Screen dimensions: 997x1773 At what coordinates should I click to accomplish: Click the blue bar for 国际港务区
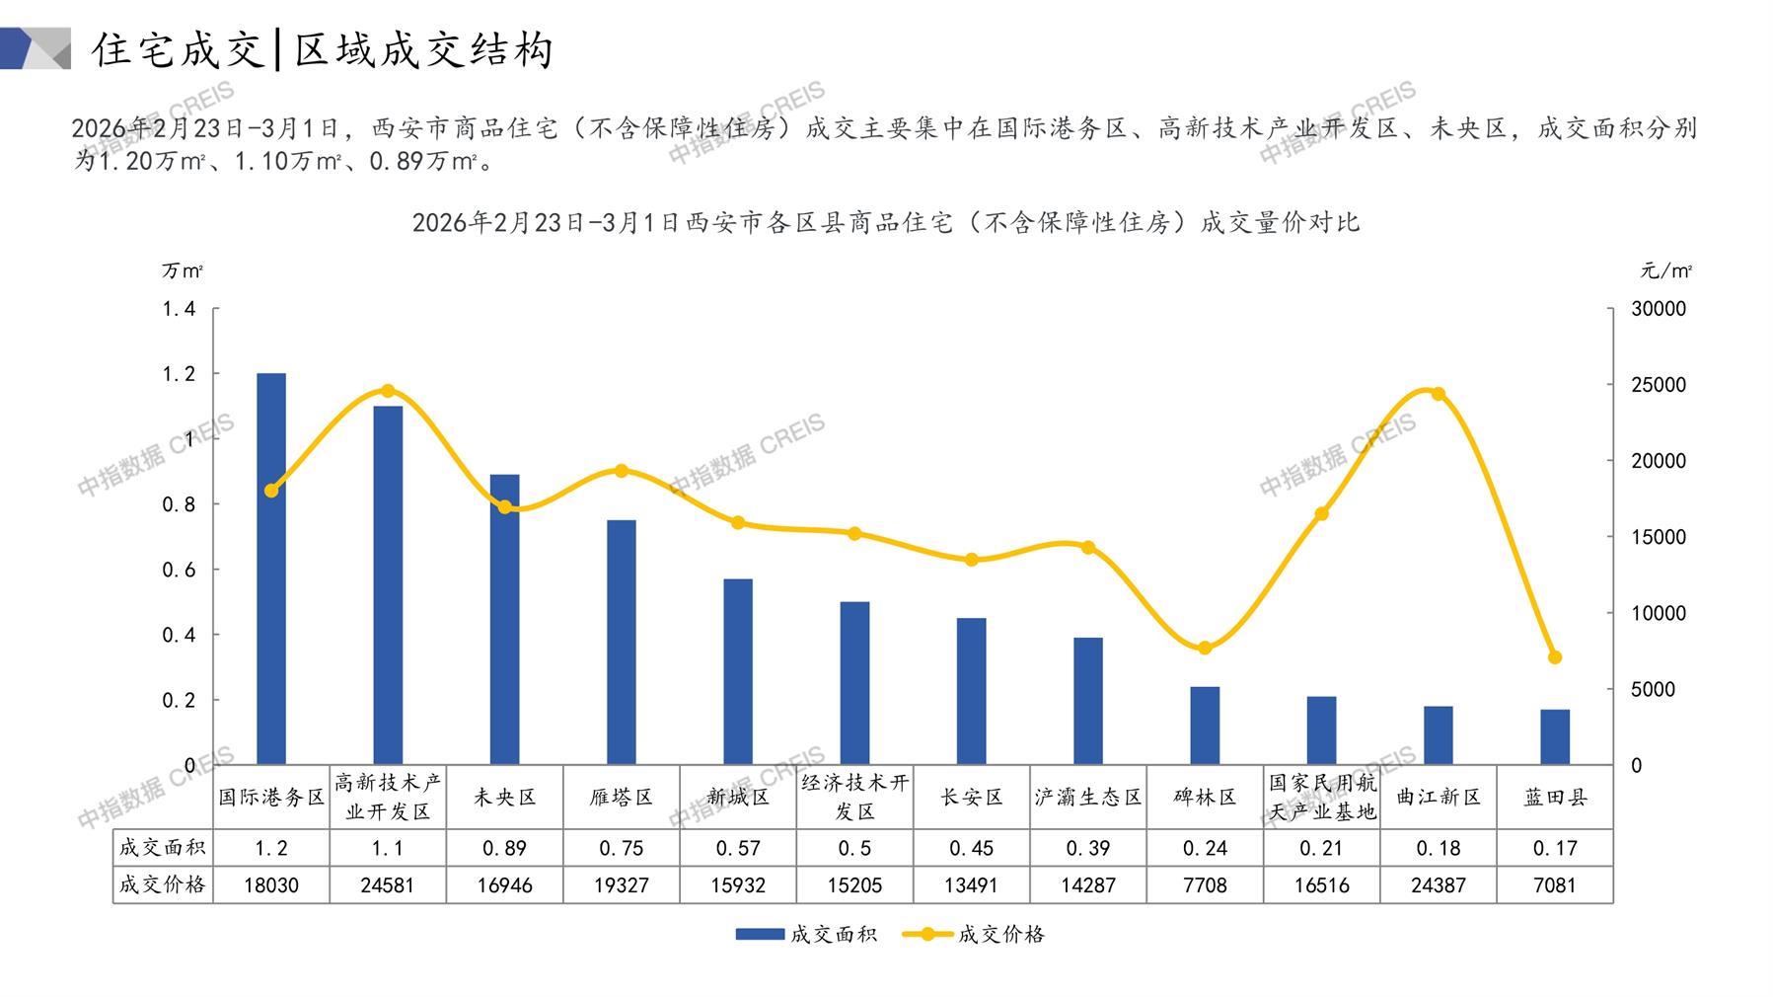point(270,569)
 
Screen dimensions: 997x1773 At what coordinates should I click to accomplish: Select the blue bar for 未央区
point(504,619)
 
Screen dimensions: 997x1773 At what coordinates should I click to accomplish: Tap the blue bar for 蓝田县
point(1554,736)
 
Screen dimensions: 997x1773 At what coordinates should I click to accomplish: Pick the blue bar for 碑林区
point(1205,726)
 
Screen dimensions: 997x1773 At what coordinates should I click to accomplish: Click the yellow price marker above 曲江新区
point(1438,394)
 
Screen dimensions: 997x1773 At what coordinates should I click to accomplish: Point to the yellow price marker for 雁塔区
point(621,471)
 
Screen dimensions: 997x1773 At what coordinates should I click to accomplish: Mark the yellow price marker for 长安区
point(971,560)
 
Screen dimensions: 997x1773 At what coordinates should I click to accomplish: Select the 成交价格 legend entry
point(975,934)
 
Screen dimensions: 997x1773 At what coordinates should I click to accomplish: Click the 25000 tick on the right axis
point(1658,385)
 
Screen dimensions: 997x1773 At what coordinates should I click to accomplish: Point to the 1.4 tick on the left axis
point(180,309)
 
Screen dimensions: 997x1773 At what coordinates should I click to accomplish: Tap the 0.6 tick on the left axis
point(180,570)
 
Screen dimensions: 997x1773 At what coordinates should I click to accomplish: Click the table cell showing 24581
point(387,885)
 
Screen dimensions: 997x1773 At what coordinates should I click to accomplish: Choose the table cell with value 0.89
point(504,848)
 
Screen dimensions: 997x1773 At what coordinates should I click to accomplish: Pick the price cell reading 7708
point(1205,885)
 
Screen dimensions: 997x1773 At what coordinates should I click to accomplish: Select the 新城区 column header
point(738,797)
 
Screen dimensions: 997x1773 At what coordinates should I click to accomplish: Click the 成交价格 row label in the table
point(163,884)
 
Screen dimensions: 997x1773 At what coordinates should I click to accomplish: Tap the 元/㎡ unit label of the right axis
point(1665,270)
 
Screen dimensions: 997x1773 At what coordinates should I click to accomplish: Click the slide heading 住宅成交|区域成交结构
point(322,49)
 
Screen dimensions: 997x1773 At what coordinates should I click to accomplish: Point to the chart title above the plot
point(885,222)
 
